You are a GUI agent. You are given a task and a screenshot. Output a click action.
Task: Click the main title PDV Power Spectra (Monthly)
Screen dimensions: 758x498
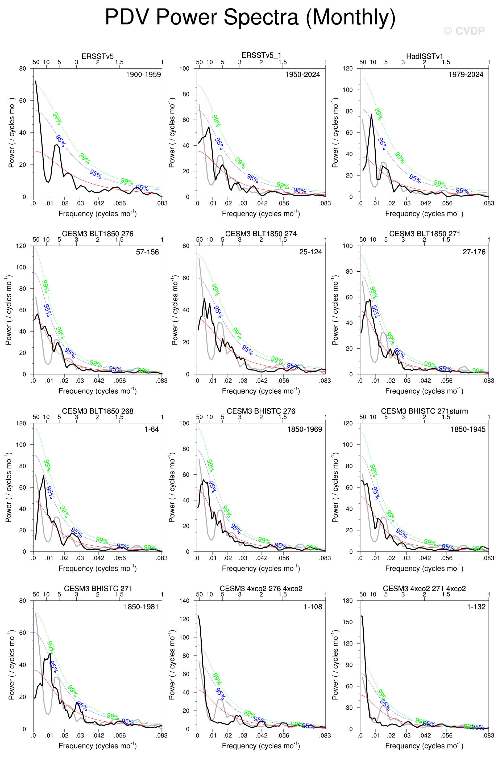pos(250,17)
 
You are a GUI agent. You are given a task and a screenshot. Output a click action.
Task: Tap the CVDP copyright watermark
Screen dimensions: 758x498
pos(464,31)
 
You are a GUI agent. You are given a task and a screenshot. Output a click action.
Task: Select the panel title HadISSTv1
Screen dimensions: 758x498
pos(424,56)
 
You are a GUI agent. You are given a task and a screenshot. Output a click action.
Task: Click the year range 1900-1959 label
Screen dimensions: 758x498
pos(143,74)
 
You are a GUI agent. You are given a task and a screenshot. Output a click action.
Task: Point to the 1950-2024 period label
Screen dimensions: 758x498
pos(302,74)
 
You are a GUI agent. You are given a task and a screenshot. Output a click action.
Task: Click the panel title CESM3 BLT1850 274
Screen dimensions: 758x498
pos(261,234)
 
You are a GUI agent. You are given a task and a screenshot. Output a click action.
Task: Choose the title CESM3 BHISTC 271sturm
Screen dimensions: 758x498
pos(424,411)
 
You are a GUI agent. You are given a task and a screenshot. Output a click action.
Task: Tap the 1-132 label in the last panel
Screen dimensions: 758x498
pos(476,607)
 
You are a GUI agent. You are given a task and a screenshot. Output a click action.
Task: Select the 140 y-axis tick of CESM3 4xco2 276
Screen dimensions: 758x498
pos(184,601)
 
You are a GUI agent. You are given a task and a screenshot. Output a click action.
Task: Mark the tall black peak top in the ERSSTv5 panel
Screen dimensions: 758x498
pos(36,81)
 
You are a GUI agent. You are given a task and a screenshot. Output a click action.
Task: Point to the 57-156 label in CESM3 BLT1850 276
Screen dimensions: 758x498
pos(147,252)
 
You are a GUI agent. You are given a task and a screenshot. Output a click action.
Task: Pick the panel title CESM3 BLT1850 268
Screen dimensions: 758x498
pos(98,411)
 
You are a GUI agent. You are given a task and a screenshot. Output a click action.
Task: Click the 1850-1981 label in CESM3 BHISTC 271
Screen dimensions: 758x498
pos(141,607)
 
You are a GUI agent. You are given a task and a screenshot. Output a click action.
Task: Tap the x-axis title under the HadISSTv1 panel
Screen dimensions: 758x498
pos(424,213)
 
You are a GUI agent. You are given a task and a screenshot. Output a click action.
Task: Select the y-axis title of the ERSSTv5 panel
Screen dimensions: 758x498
pos(12,133)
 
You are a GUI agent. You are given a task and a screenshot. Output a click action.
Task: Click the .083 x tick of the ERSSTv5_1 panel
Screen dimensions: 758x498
pos(325,203)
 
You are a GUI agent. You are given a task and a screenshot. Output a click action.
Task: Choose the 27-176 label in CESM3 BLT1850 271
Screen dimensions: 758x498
pos(474,252)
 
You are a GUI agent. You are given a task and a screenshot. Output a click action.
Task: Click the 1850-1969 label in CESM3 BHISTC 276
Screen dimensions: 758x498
pos(305,429)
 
